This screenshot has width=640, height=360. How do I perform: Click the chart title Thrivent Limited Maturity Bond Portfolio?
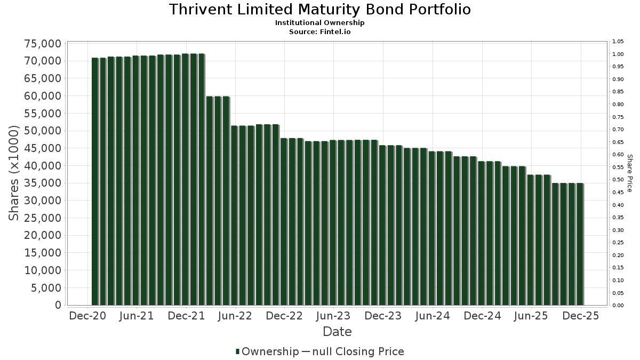320,10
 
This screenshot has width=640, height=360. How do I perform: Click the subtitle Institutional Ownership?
320,23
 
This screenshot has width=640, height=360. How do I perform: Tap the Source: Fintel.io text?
320,31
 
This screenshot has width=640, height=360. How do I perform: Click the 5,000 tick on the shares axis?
46,287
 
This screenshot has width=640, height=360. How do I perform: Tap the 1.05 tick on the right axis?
618,42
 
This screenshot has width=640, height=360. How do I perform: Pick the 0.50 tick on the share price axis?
618,180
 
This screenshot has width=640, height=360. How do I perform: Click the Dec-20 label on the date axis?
88,316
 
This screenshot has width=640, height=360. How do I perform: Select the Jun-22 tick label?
235,316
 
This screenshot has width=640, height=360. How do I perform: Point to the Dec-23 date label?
383,316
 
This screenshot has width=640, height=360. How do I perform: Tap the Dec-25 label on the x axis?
580,316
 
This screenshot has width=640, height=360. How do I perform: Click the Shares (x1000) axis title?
14,173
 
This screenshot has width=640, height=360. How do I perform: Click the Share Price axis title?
629,173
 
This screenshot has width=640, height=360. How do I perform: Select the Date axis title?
337,332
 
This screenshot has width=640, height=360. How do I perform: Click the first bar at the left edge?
95,181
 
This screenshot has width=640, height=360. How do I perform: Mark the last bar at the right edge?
580,244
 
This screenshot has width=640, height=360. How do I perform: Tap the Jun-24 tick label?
432,316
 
